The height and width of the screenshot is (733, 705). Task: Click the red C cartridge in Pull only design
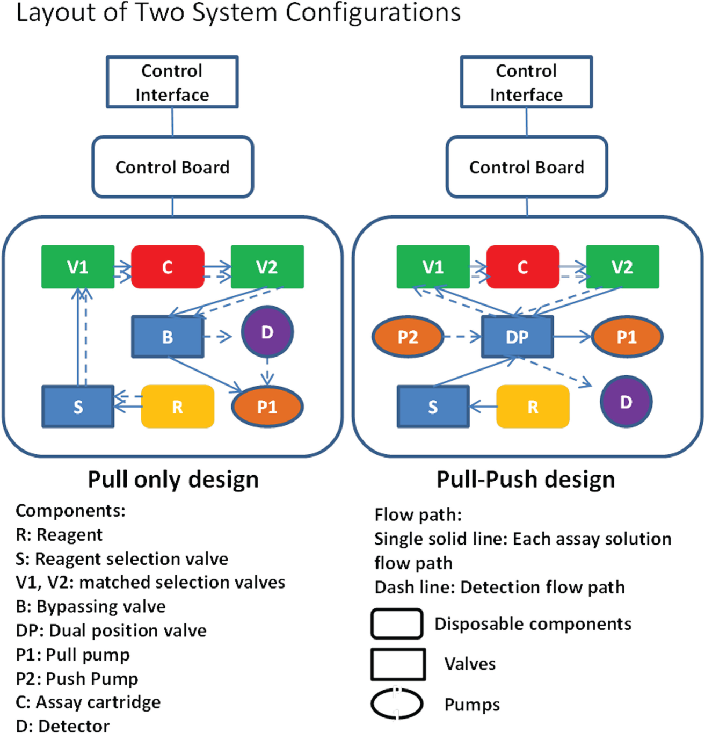[x=168, y=267]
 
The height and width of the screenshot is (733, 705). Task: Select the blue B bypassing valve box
[x=168, y=336]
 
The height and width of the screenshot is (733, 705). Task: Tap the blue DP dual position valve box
[x=518, y=336]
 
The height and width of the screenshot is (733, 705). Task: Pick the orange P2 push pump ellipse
[x=408, y=336]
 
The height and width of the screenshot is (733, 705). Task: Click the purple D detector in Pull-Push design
[x=626, y=402]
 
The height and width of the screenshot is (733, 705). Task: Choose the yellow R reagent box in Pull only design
[x=177, y=406]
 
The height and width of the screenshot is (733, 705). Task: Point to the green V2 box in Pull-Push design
[x=622, y=267]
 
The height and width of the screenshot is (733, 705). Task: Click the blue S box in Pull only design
[x=78, y=407]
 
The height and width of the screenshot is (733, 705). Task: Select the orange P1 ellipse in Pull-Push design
[x=627, y=336]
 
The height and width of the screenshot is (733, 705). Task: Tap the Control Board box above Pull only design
[x=173, y=167]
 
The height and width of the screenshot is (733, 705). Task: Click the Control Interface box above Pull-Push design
[x=527, y=82]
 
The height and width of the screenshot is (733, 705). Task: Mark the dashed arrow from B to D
[x=217, y=336]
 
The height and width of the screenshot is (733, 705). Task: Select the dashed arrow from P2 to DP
[x=463, y=336]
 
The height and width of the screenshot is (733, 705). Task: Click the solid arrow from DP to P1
[x=572, y=336]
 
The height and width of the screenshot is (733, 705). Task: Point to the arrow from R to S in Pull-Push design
[x=483, y=407]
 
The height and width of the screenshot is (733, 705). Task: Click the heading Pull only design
[x=173, y=480]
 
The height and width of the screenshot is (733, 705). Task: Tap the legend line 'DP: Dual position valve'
[x=111, y=630]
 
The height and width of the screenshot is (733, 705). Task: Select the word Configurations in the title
[x=373, y=13]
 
